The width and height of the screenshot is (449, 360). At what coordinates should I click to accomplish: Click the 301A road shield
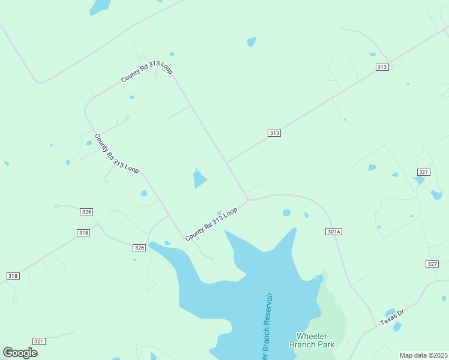tap(334, 232)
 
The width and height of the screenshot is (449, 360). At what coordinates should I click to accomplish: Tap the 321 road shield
tap(38, 341)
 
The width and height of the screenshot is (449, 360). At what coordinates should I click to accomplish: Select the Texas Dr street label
tap(393, 317)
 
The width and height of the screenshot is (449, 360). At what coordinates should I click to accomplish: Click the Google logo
tap(20, 353)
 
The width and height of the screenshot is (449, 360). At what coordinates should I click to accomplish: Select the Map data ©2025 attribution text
tap(423, 355)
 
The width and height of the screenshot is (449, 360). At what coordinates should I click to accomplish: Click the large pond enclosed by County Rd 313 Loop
tap(199, 178)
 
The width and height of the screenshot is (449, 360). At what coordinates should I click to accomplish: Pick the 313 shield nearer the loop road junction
tap(274, 133)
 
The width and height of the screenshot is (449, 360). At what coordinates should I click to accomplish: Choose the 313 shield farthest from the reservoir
tap(382, 67)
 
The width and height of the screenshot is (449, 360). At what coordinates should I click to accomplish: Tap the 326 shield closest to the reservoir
tap(139, 248)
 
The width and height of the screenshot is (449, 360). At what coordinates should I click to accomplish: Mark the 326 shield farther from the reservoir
tap(86, 212)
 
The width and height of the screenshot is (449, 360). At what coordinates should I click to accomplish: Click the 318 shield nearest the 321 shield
tap(13, 276)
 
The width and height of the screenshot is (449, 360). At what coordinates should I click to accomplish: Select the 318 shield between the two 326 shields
tap(83, 232)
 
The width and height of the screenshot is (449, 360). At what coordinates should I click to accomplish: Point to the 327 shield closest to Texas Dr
tap(432, 264)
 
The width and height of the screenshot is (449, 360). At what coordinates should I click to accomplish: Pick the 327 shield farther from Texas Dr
tap(423, 172)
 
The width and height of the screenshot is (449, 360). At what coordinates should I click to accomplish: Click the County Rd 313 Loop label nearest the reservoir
tap(211, 224)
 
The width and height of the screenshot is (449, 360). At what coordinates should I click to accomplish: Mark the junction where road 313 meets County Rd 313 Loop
tap(227, 163)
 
